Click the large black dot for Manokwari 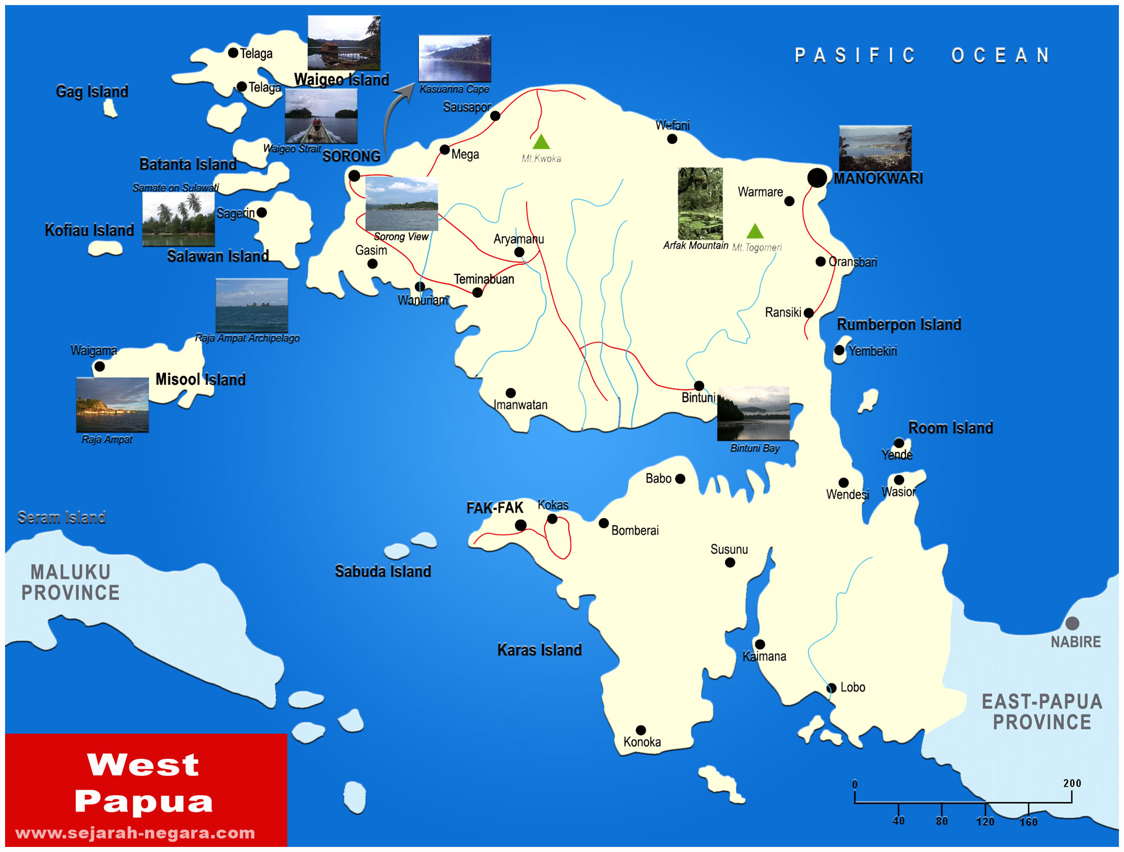click(817, 178)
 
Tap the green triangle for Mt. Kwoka click(541, 142)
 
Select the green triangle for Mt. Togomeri click(755, 231)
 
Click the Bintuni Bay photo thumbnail click(753, 413)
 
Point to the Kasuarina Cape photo click(455, 58)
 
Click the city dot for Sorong click(354, 176)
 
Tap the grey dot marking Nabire click(1072, 623)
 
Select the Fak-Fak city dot click(520, 525)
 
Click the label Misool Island click(200, 379)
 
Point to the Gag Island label click(92, 91)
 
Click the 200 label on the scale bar click(1072, 783)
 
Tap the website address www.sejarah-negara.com click(135, 832)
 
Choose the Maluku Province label click(70, 582)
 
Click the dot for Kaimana click(760, 644)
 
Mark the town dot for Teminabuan click(477, 292)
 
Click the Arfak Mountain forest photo click(700, 203)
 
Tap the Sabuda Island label click(383, 571)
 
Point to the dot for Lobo click(831, 688)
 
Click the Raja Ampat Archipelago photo click(252, 306)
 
